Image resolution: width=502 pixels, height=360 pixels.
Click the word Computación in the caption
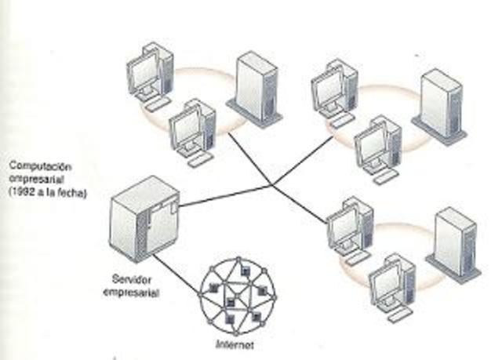[36, 167]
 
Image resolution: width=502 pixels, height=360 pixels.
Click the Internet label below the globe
[235, 344]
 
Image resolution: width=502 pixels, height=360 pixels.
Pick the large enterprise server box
[144, 222]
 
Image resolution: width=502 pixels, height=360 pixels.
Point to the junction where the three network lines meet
[272, 186]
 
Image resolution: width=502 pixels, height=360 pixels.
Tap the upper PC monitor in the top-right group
[329, 89]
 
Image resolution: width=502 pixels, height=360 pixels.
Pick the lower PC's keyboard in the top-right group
[386, 177]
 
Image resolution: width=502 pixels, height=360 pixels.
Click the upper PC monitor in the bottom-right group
[344, 227]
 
